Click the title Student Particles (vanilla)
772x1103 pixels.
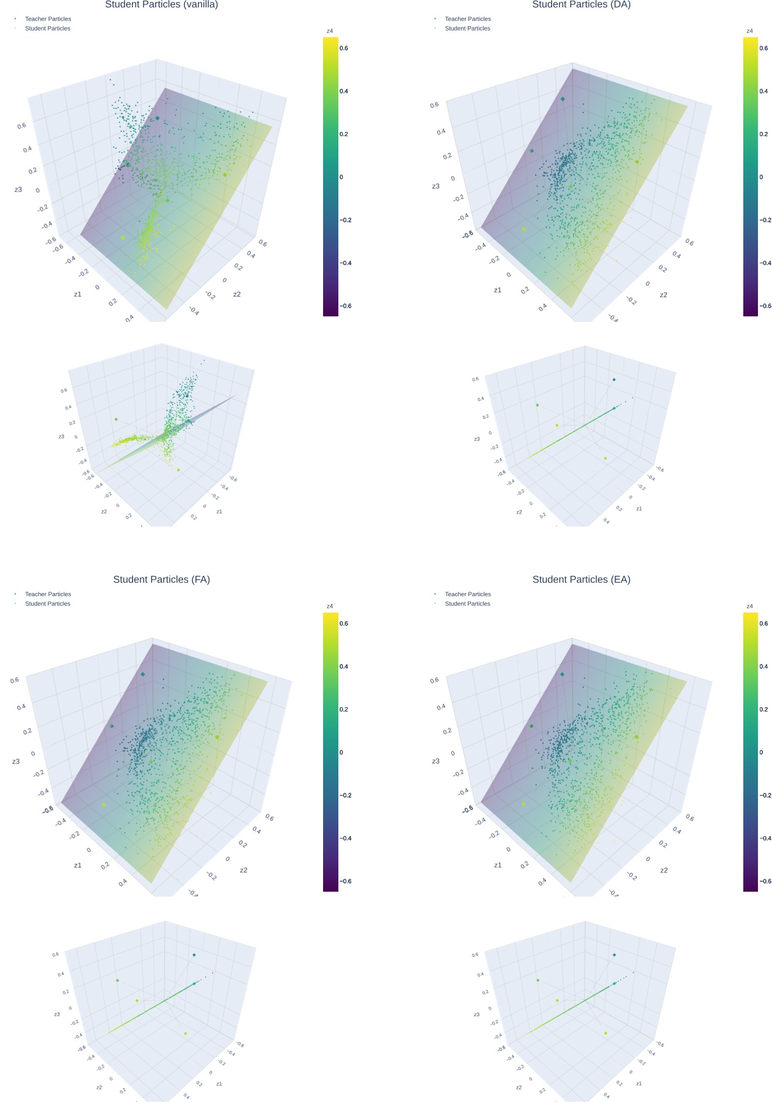[x=161, y=5]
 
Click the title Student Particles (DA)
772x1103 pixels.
[x=581, y=5]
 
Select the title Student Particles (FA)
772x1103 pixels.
[x=161, y=579]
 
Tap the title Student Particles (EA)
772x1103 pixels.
[x=581, y=579]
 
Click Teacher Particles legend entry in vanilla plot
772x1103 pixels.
[x=48, y=19]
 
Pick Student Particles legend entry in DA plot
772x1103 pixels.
[x=467, y=28]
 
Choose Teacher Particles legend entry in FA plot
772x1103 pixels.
[x=48, y=594]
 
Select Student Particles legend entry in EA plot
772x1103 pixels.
[x=467, y=603]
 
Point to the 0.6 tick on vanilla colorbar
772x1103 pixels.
[x=344, y=48]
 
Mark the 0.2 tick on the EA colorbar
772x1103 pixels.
[x=763, y=709]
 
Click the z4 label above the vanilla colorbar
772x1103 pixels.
[x=330, y=31]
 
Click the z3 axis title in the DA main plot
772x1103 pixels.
[x=435, y=186]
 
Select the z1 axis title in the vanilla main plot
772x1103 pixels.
[x=78, y=294]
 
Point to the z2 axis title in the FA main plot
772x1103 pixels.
[x=244, y=870]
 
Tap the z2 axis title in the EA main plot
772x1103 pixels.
[x=663, y=870]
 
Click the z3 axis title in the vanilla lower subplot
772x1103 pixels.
[x=62, y=437]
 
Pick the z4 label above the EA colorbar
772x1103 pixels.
[x=749, y=606]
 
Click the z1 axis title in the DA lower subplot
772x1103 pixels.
[x=639, y=509]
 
